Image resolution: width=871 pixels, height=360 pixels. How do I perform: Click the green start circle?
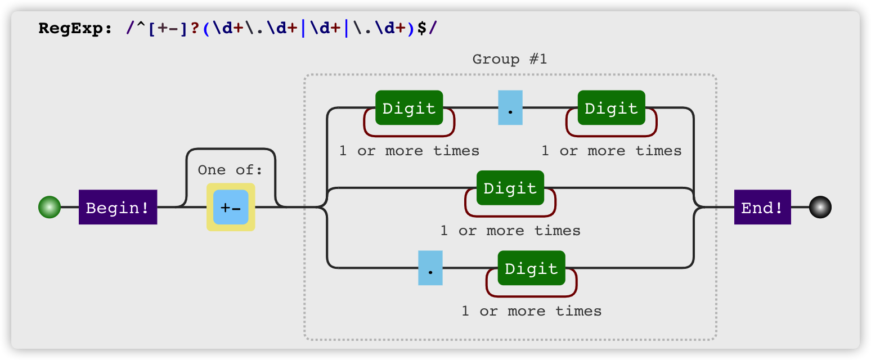pyautogui.click(x=50, y=207)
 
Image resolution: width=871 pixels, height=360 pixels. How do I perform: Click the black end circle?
pyautogui.click(x=820, y=207)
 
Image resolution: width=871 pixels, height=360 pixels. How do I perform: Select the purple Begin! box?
pyautogui.click(x=118, y=207)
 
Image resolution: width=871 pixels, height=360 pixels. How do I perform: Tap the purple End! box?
pyautogui.click(x=762, y=207)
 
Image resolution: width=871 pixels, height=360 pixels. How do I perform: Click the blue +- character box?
pyautogui.click(x=231, y=207)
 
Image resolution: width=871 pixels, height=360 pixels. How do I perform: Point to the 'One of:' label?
pyautogui.click(x=230, y=170)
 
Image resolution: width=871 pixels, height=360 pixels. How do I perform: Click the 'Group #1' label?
pyautogui.click(x=510, y=59)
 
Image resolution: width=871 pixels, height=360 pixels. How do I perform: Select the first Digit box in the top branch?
pyautogui.click(x=409, y=107)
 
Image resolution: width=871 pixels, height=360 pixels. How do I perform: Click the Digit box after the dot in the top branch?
pyautogui.click(x=611, y=107)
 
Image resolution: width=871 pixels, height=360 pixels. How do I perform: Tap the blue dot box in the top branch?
pyautogui.click(x=510, y=107)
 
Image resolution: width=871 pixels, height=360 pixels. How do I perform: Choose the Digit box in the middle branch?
pyautogui.click(x=510, y=188)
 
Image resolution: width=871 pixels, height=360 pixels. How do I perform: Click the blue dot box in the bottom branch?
pyautogui.click(x=430, y=268)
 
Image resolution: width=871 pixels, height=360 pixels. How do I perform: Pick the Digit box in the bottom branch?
pyautogui.click(x=531, y=268)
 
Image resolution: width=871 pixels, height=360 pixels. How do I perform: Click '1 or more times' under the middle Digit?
pyautogui.click(x=510, y=231)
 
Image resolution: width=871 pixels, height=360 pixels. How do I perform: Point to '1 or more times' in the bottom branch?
pyautogui.click(x=531, y=311)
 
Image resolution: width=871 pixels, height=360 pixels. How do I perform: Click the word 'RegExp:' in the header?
pyautogui.click(x=75, y=28)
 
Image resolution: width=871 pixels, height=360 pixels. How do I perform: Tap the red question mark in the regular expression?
pyautogui.click(x=195, y=28)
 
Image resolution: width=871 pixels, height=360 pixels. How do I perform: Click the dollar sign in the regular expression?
pyautogui.click(x=421, y=28)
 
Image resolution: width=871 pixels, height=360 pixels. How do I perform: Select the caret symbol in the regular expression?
pyautogui.click(x=141, y=26)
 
